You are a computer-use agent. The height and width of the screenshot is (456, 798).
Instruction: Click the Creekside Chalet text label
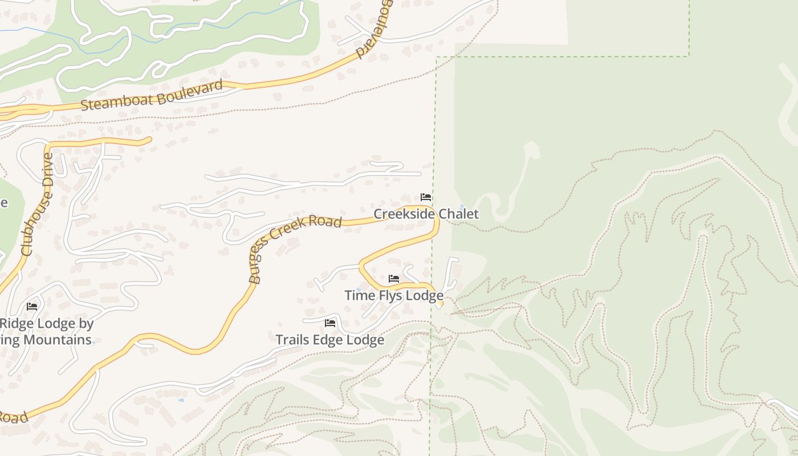pyautogui.click(x=426, y=214)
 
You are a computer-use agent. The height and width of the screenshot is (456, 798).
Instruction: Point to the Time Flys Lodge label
pyautogui.click(x=393, y=295)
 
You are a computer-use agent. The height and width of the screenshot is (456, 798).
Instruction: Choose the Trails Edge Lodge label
pyautogui.click(x=329, y=340)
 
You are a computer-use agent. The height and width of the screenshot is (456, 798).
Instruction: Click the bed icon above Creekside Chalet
pyautogui.click(x=425, y=197)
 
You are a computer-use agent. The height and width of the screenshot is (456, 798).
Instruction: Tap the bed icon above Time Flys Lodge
pyautogui.click(x=393, y=279)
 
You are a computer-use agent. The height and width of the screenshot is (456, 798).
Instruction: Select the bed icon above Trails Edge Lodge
pyautogui.click(x=329, y=323)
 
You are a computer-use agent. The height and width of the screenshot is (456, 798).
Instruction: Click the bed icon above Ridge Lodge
pyautogui.click(x=32, y=306)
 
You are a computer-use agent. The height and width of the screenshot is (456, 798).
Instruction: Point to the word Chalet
pyautogui.click(x=458, y=214)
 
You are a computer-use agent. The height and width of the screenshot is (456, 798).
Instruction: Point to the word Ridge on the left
pyautogui.click(x=17, y=324)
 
